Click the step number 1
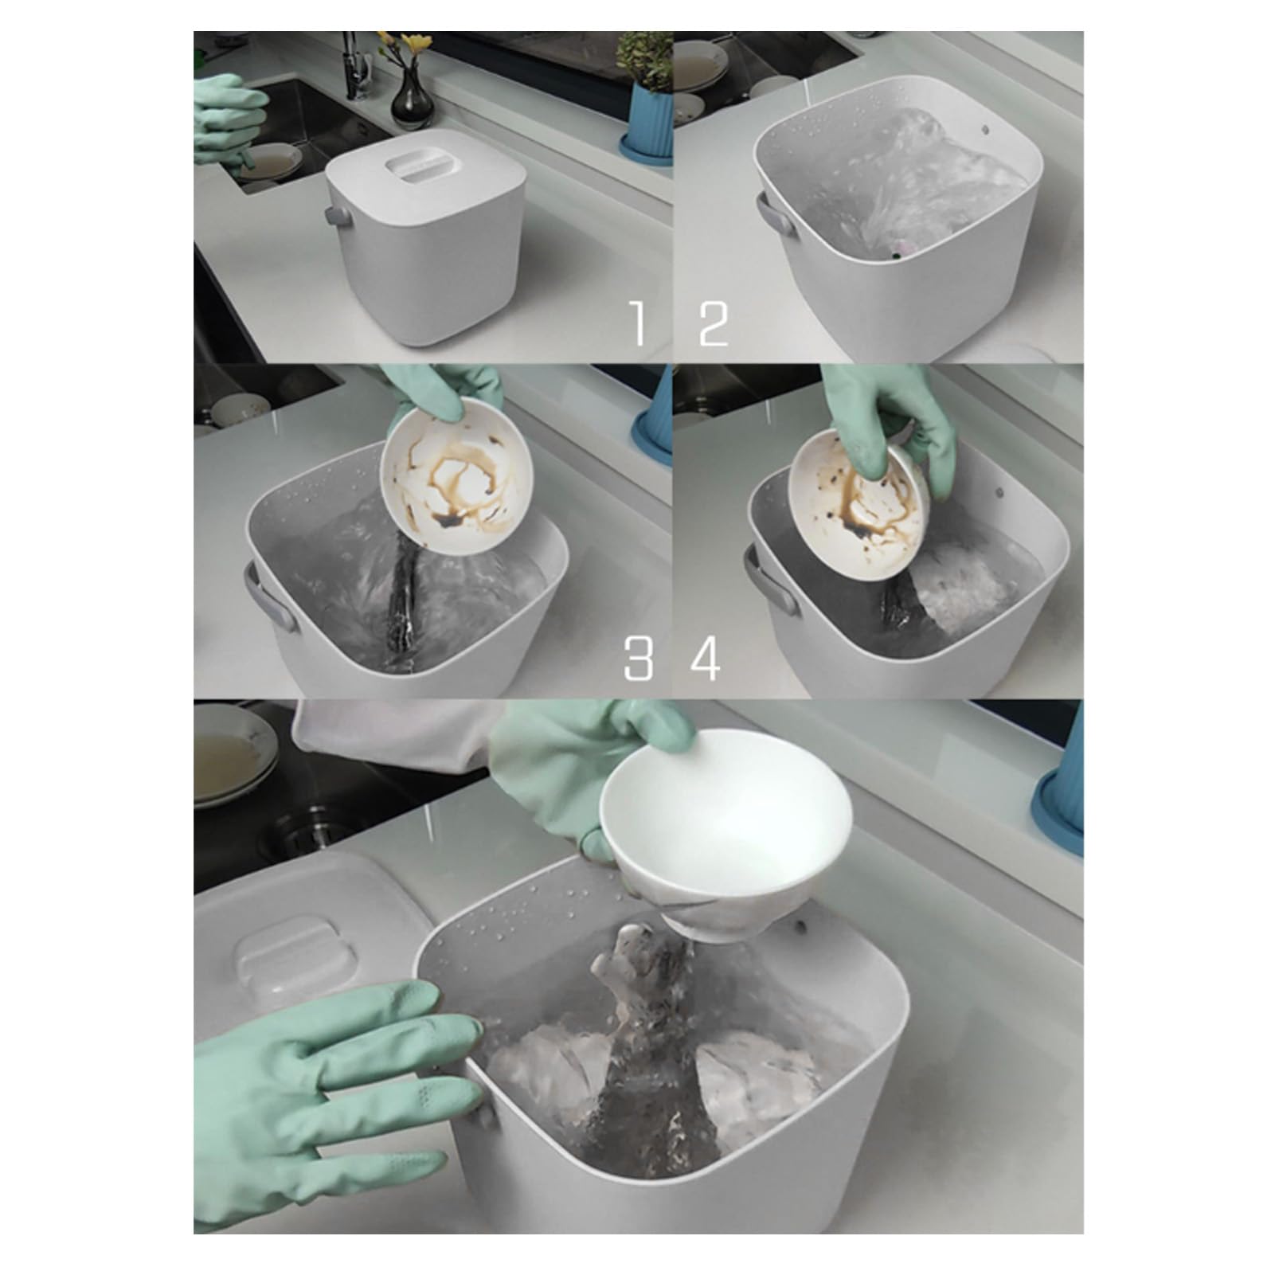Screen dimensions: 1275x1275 click(637, 322)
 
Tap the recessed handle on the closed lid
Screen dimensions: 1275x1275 click(414, 166)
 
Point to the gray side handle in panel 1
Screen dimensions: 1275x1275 click(332, 217)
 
